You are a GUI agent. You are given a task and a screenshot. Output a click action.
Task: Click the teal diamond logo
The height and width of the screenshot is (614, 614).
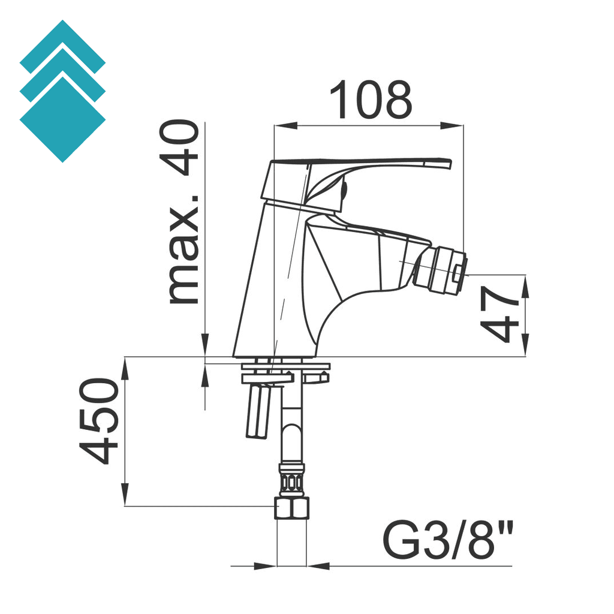[x=62, y=91]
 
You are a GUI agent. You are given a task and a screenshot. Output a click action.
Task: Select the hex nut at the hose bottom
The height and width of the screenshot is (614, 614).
[x=291, y=508]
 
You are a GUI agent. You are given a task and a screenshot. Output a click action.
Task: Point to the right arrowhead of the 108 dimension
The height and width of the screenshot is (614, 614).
[x=456, y=126]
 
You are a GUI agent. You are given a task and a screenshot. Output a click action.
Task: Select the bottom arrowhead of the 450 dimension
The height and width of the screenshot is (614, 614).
[x=125, y=498]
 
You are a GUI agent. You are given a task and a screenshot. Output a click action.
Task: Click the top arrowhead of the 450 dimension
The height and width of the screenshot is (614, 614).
[x=125, y=366]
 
